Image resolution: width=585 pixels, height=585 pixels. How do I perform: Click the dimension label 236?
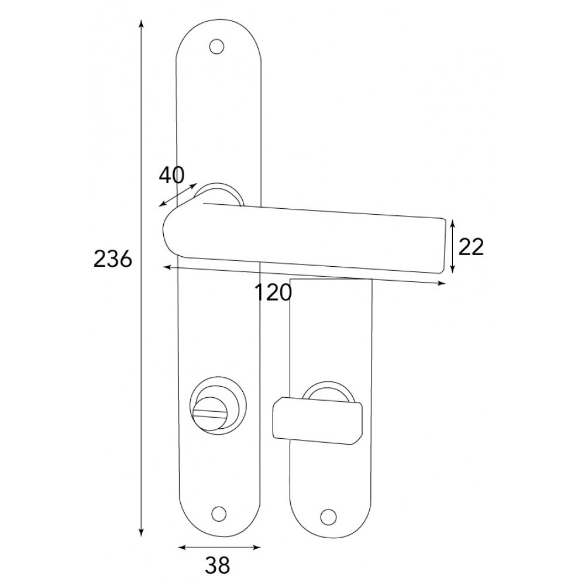pos(113,259)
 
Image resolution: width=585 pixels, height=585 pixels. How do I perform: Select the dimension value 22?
pos(471,247)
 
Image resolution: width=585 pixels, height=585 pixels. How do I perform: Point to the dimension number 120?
pos(273,292)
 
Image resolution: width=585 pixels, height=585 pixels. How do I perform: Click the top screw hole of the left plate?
pos(216,47)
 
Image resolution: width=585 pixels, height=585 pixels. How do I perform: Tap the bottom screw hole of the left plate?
pos(219,514)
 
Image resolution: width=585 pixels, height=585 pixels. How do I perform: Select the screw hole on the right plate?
pos(328,517)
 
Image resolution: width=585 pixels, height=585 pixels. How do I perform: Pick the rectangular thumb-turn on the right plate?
pos(317,421)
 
